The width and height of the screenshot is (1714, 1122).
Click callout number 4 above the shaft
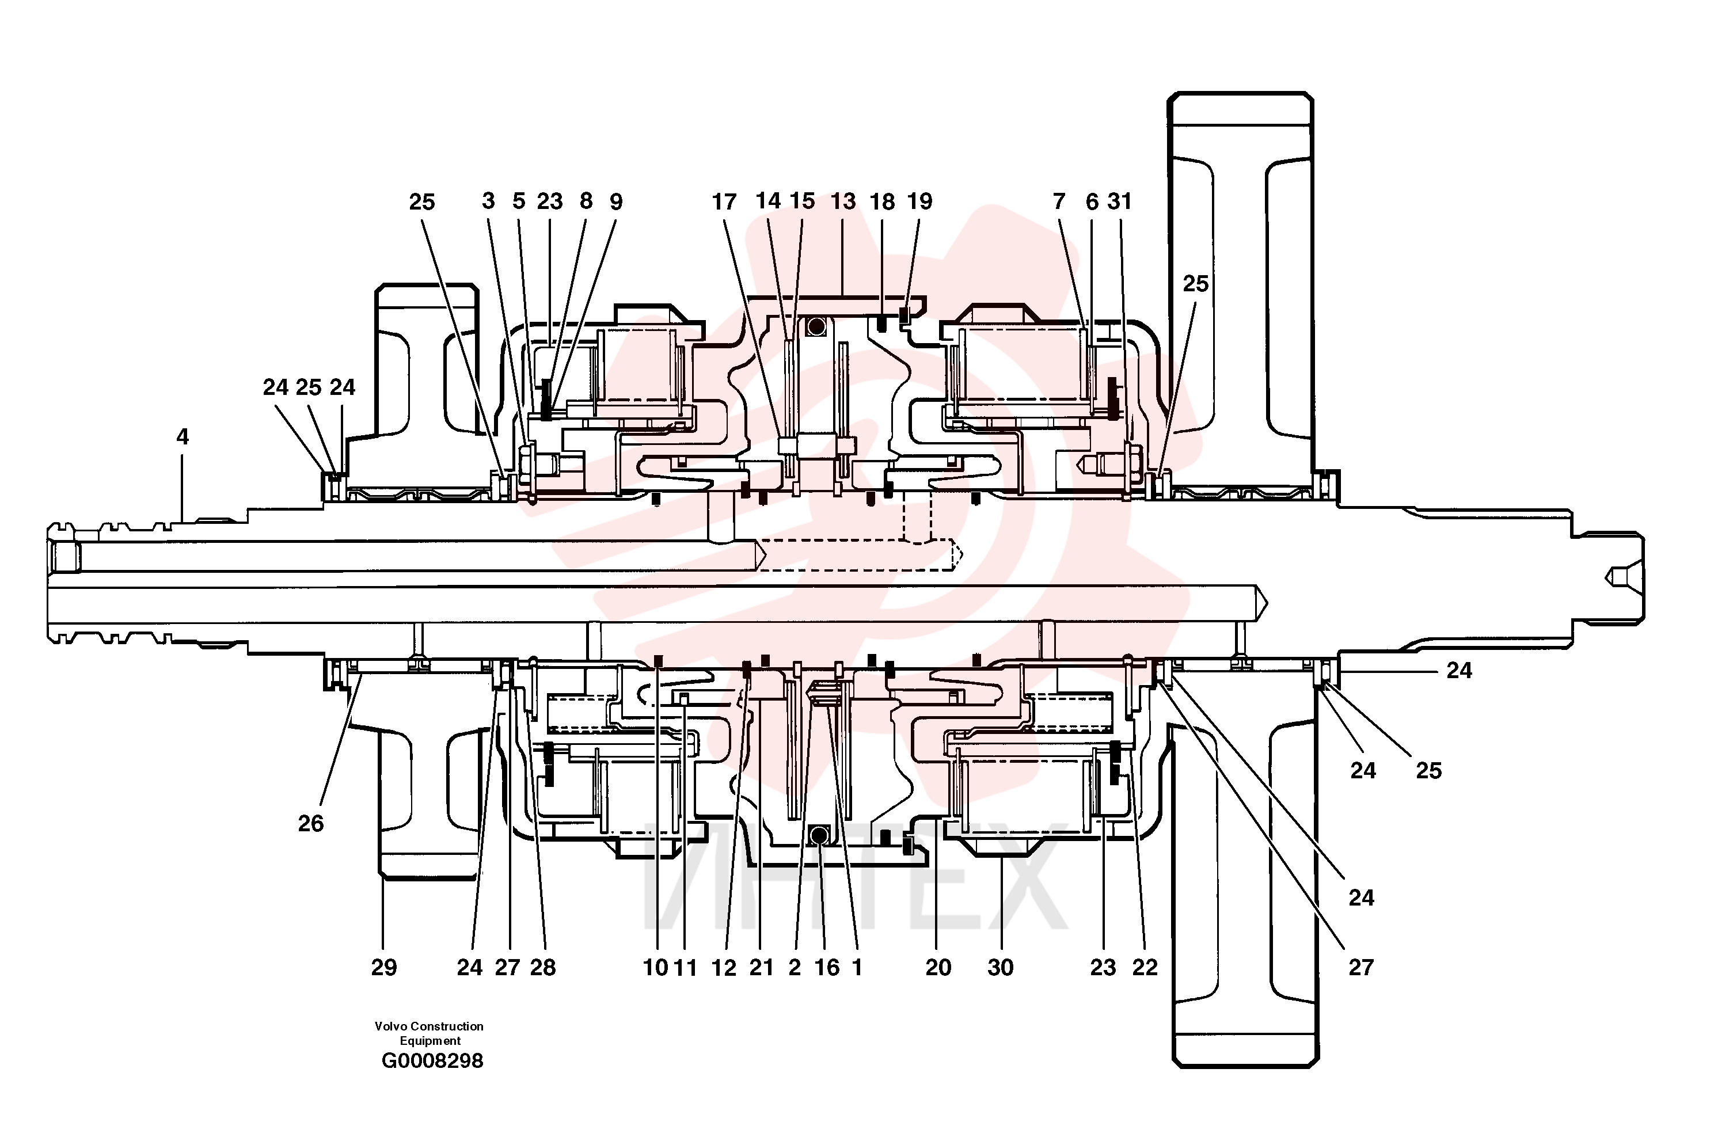coord(182,436)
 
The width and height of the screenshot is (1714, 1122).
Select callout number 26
coord(311,823)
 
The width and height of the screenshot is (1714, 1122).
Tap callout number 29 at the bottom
coord(384,967)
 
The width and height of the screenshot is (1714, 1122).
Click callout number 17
coord(724,201)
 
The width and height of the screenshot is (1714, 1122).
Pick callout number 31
coord(1120,201)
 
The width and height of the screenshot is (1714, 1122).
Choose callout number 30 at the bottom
coord(1000,967)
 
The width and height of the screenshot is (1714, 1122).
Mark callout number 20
coord(938,967)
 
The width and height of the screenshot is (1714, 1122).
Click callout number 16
coord(827,967)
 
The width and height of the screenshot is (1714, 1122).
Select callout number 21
coord(761,967)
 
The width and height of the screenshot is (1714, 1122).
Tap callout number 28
coord(543,967)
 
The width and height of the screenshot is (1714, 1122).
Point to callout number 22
coord(1145,967)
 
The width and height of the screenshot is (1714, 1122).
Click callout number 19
coord(919,201)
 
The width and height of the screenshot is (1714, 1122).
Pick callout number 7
coord(1059,201)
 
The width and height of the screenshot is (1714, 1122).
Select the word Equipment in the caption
coord(430,1041)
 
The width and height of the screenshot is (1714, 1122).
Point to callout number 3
coord(488,201)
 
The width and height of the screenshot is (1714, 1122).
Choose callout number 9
coord(615,201)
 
